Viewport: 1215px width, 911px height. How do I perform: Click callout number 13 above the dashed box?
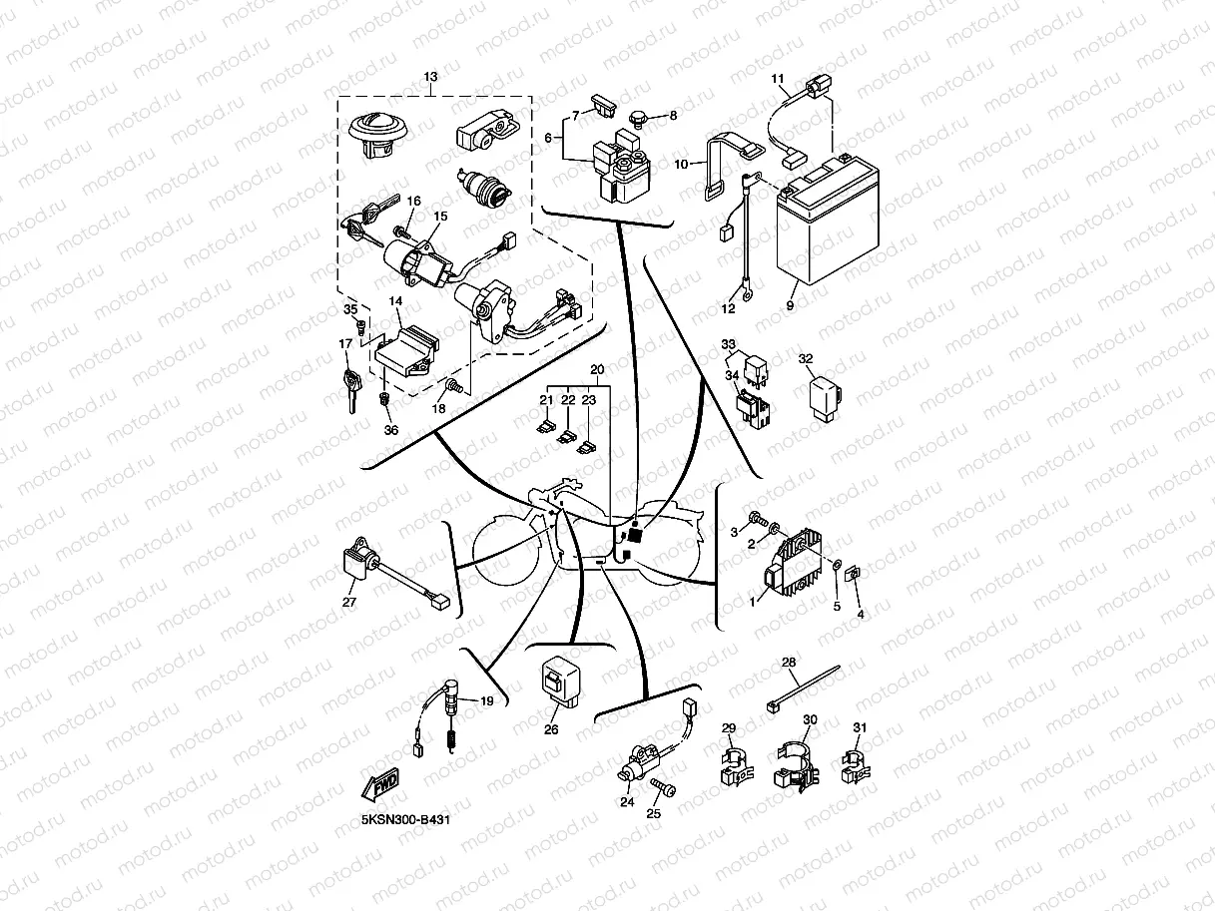[x=430, y=77]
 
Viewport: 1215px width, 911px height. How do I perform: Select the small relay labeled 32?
[x=824, y=396]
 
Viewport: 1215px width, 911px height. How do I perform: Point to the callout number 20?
[x=597, y=369]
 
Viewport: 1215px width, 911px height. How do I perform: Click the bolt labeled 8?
[x=640, y=118]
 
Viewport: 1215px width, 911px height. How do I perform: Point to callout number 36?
[x=390, y=430]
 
